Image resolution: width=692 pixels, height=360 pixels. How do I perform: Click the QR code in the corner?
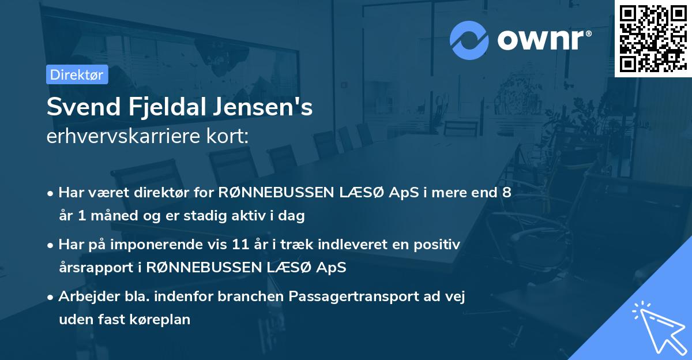653,38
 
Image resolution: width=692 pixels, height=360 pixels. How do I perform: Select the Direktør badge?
77,74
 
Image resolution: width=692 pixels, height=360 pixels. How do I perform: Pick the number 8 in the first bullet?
506,193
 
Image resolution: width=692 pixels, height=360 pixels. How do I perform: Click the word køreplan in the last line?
163,318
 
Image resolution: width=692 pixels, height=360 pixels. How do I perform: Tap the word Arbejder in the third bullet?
84,297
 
